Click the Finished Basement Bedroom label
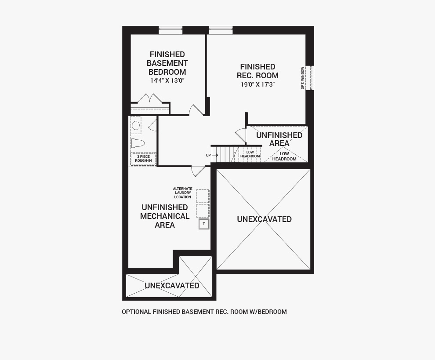click(167, 63)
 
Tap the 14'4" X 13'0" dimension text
click(167, 80)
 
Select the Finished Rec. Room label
click(258, 71)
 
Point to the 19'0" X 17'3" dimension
click(258, 84)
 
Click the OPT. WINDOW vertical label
click(302, 78)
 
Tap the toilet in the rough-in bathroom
click(138, 143)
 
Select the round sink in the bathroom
click(136, 125)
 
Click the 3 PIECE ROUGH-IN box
click(143, 159)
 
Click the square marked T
click(204, 224)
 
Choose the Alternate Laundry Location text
click(182, 193)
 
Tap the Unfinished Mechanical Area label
click(165, 216)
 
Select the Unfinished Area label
click(279, 139)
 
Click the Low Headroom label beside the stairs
click(250, 154)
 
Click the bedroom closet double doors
click(150, 98)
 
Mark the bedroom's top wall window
click(170, 30)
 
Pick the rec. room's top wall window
click(221, 30)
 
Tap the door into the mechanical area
click(198, 171)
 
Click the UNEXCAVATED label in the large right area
click(265, 219)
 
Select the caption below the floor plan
click(204, 312)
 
